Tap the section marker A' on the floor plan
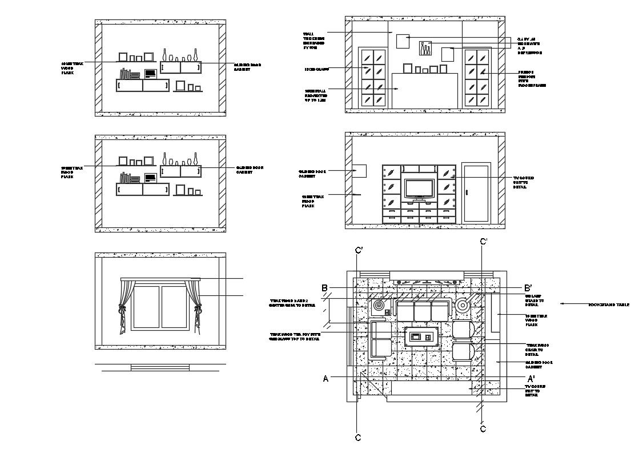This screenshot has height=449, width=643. (x=531, y=378)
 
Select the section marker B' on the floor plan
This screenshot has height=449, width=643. (x=528, y=288)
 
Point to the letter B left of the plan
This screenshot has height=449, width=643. (x=324, y=288)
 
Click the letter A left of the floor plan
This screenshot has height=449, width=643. (x=325, y=378)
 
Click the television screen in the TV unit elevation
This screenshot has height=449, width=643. (x=420, y=188)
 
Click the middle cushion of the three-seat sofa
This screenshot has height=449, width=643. (x=423, y=311)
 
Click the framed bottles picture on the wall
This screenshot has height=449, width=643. (x=426, y=49)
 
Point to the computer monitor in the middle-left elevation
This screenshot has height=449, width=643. (x=150, y=178)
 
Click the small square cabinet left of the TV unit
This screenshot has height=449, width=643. (x=359, y=171)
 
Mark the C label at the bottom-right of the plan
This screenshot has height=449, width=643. (x=483, y=428)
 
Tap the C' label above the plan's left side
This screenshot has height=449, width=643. (x=359, y=250)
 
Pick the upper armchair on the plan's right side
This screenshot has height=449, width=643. (x=464, y=330)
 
